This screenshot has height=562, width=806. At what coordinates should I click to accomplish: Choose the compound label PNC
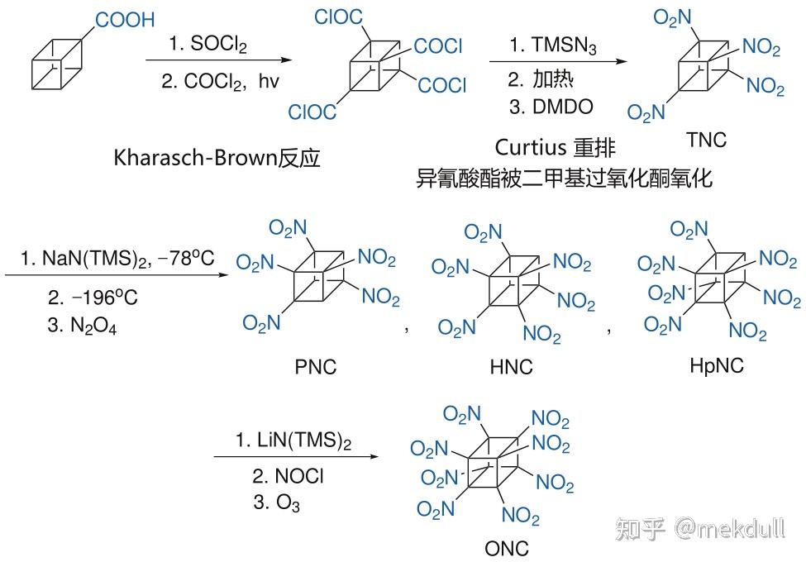(316, 365)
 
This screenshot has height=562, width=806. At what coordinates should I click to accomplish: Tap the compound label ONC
(507, 547)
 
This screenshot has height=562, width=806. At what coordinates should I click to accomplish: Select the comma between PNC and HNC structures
(407, 328)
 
